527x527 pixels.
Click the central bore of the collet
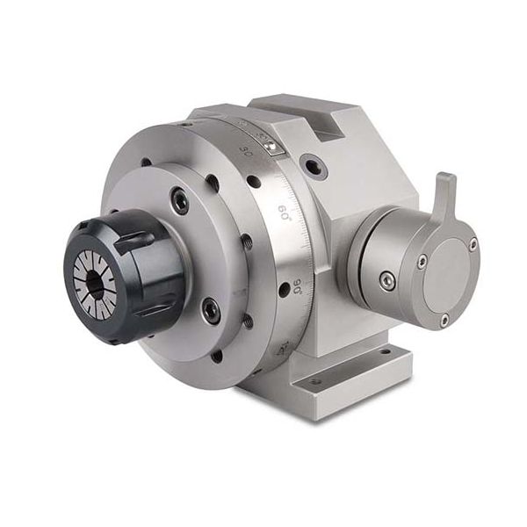click(94, 282)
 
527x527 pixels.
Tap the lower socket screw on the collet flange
click(211, 309)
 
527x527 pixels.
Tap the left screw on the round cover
click(422, 261)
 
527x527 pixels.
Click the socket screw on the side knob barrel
click(386, 279)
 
